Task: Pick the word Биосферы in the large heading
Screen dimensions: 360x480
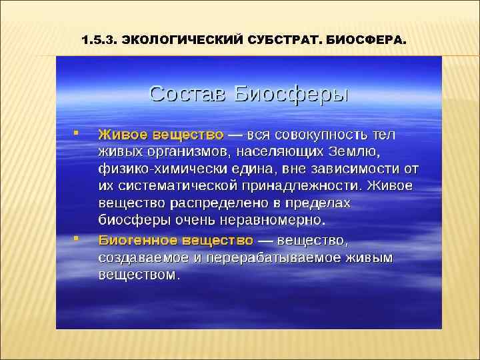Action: coord(292,93)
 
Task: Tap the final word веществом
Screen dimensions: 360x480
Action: coord(139,274)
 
